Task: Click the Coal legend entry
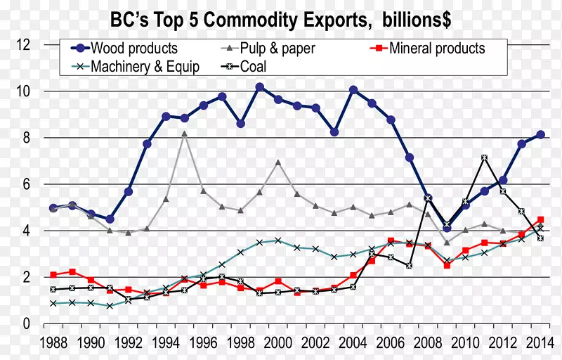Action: (256, 67)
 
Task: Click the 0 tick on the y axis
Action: (26, 324)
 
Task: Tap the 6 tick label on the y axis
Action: (26, 184)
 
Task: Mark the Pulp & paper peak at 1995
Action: (185, 134)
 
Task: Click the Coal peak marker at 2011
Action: (485, 157)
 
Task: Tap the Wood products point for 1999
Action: (260, 87)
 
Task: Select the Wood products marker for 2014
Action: (540, 135)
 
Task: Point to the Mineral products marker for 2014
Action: (540, 219)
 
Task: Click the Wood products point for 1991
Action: (110, 219)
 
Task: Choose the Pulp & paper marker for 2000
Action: (278, 162)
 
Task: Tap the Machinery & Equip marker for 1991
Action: (110, 306)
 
